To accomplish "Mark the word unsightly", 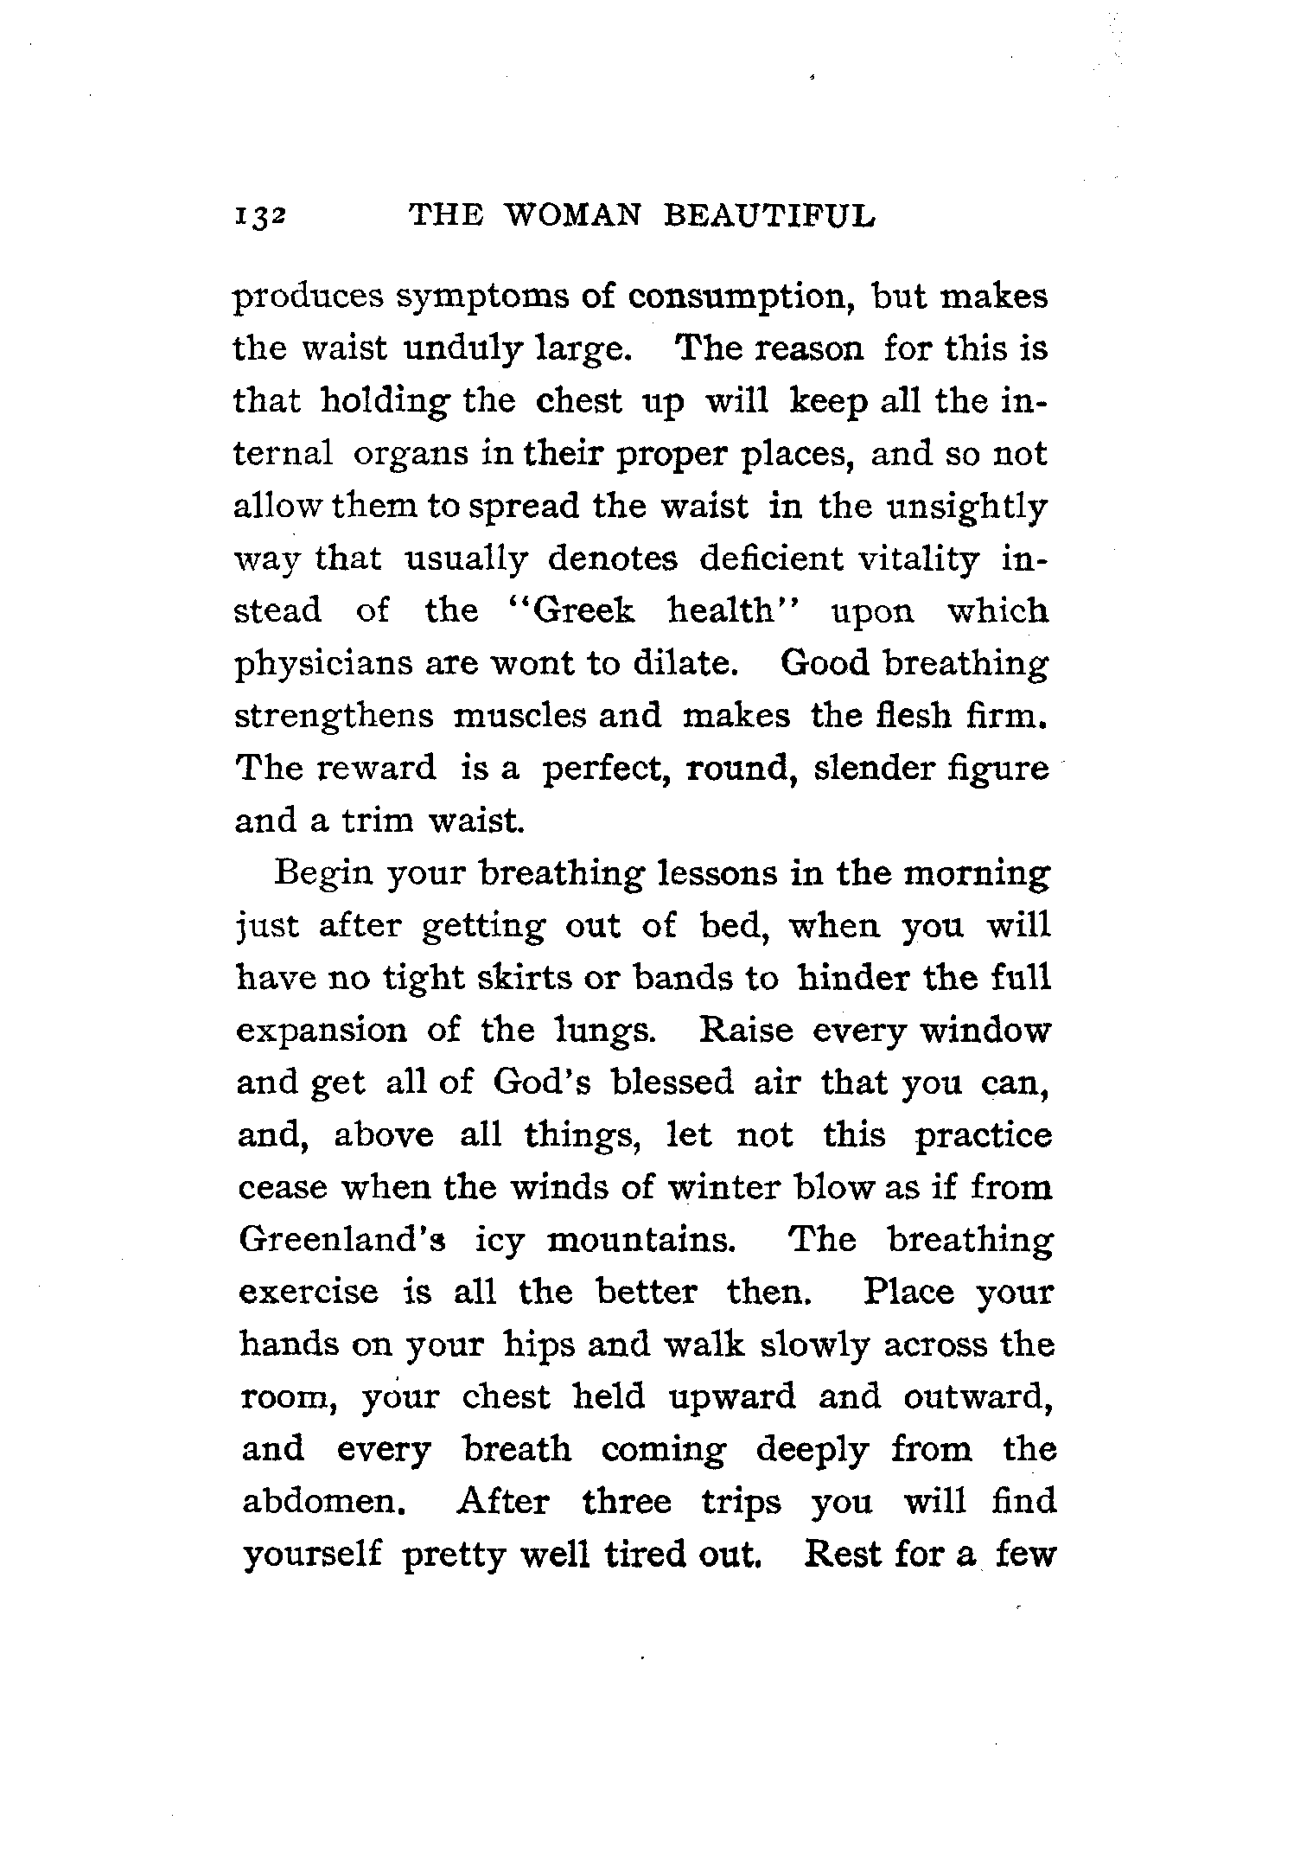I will tap(968, 508).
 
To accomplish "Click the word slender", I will tap(872, 769).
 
